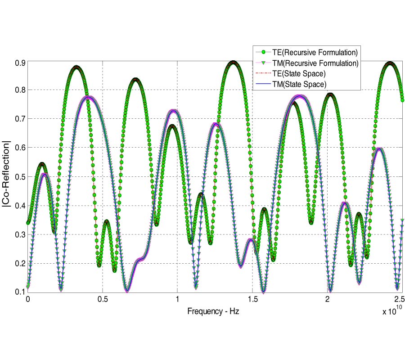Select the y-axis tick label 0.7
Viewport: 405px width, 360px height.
tap(19, 119)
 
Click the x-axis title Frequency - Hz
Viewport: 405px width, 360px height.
tap(210, 311)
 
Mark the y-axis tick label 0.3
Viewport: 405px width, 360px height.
tap(19, 234)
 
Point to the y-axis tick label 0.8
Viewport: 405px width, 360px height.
tap(19, 90)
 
